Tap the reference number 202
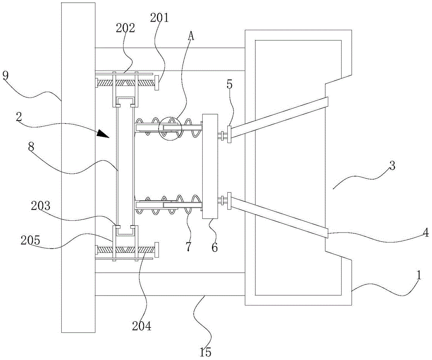point(125,28)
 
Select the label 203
point(41,206)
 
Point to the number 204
point(142,326)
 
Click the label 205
point(30,240)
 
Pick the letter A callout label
point(191,36)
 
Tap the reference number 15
point(205,352)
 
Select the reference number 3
point(392,166)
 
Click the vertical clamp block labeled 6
point(210,166)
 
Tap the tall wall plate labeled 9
point(78,168)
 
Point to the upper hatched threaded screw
point(125,83)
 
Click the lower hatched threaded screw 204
point(125,250)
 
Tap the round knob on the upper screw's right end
point(157,83)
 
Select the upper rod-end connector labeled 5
point(229,134)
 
